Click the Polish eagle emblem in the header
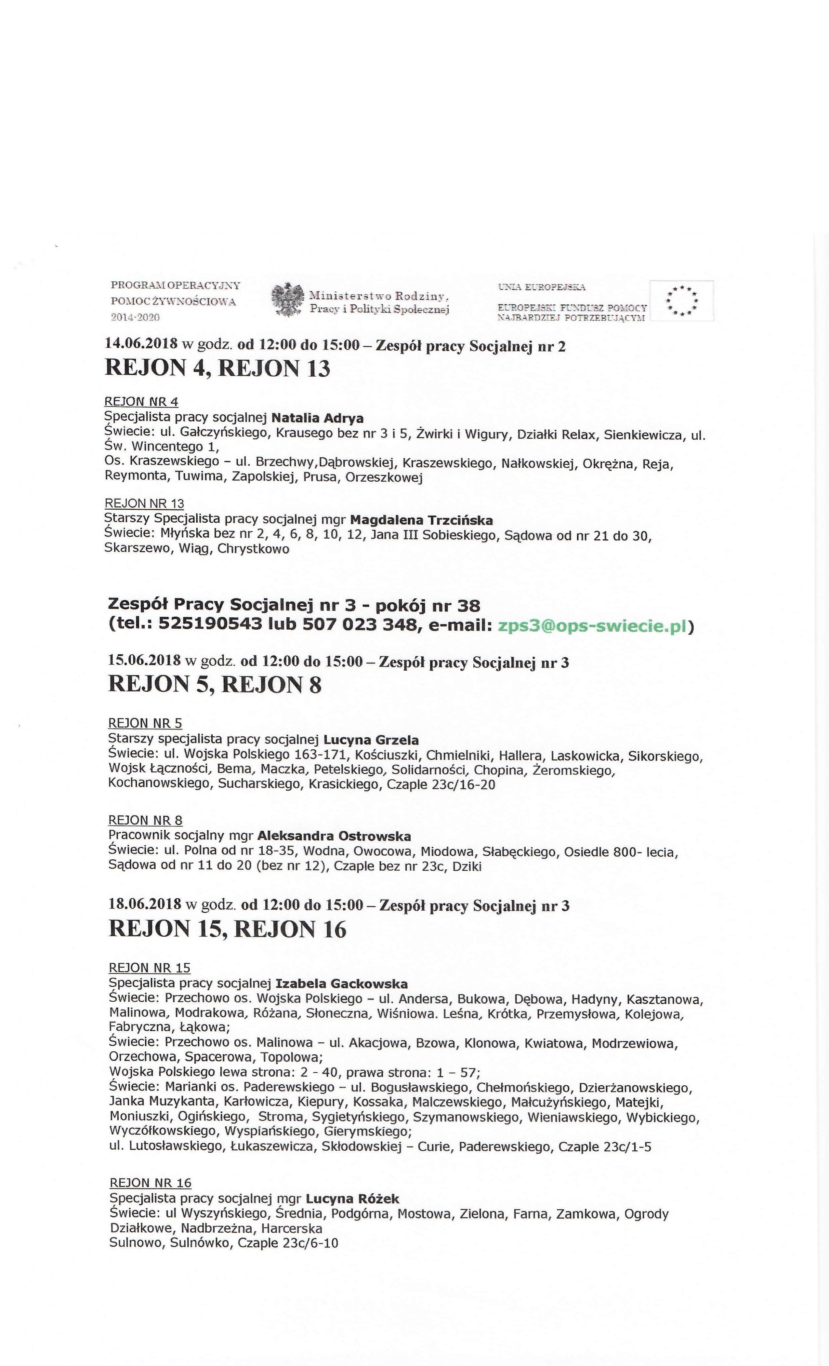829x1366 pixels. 288,299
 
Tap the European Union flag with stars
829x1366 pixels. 682,301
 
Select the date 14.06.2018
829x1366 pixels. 141,344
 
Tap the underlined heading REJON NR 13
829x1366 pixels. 144,503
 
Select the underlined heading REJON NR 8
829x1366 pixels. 145,821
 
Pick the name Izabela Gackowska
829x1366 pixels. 341,984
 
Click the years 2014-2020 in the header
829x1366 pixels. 135,317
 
